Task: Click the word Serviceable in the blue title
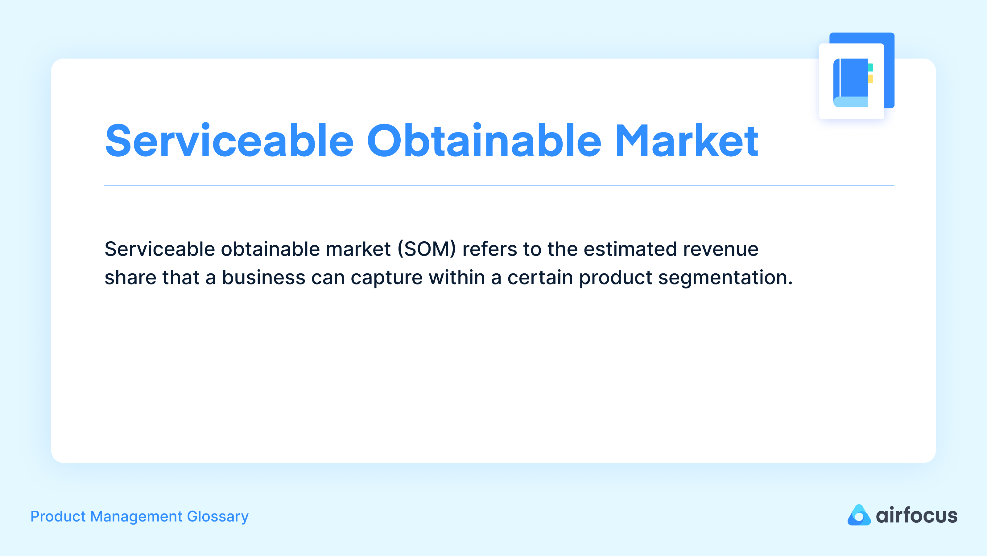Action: click(229, 141)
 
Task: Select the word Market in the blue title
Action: click(686, 141)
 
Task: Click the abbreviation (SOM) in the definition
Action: click(427, 249)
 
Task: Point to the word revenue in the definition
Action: click(720, 249)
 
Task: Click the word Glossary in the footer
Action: click(218, 517)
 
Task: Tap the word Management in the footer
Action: click(136, 517)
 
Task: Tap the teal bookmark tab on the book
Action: click(870, 67)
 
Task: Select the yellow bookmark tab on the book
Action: click(870, 79)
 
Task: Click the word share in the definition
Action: click(130, 278)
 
